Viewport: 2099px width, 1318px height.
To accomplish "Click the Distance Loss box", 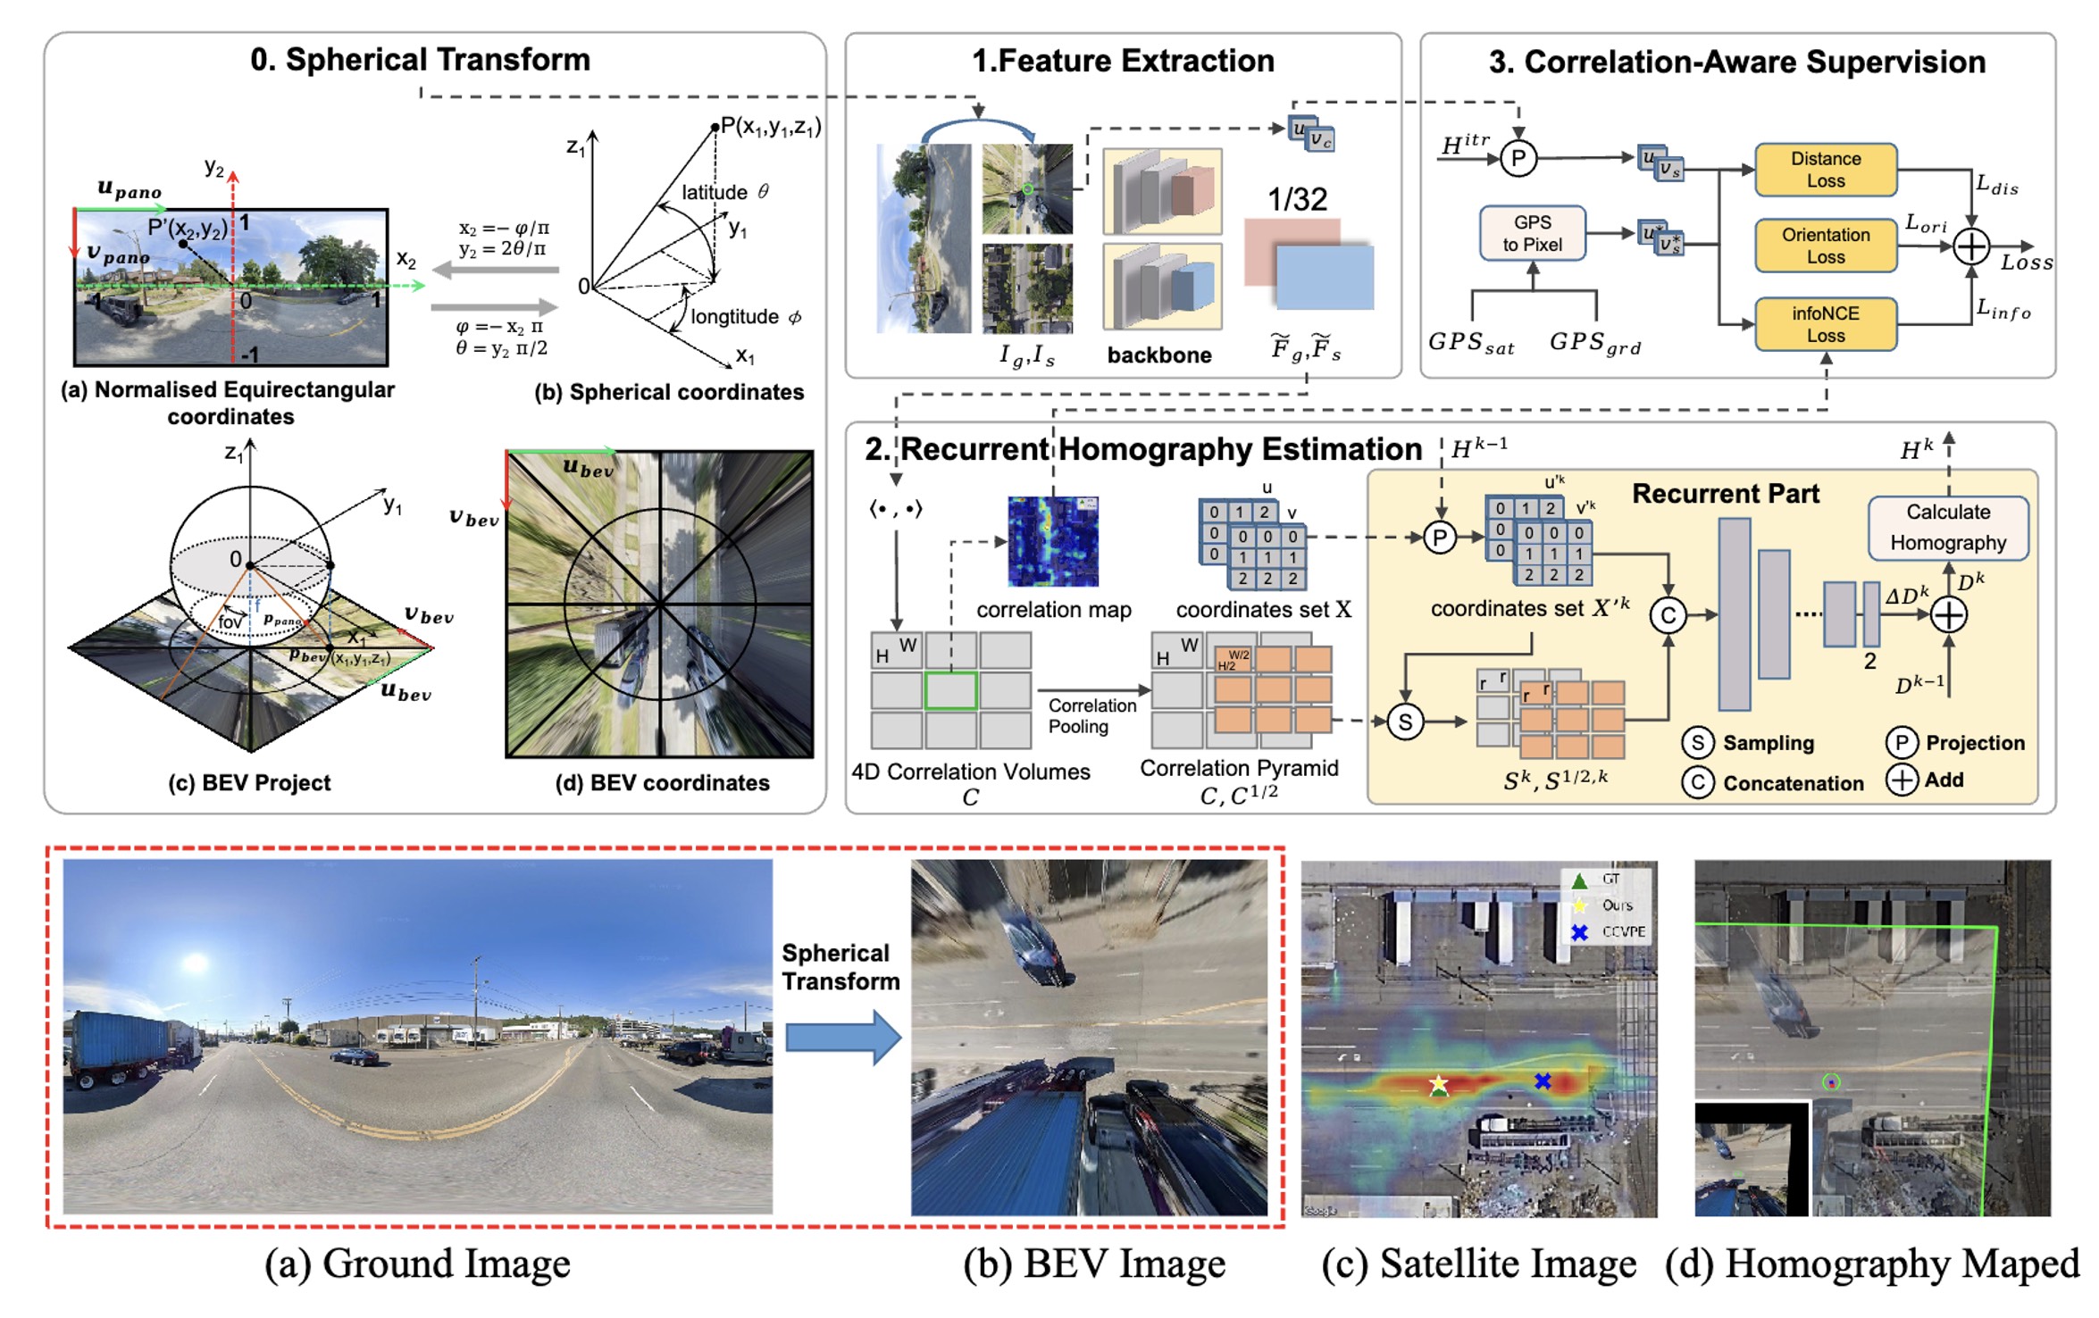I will [1825, 170].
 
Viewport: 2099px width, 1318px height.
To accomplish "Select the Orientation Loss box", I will [1825, 246].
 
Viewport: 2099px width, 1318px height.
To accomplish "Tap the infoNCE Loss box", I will [1825, 324].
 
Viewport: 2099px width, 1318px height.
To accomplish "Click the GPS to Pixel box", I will [1532, 233].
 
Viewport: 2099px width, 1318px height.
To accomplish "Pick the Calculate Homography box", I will [1947, 528].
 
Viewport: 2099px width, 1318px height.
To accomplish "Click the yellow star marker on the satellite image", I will [1438, 1084].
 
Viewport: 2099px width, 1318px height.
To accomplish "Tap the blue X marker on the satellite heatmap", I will [1543, 1081].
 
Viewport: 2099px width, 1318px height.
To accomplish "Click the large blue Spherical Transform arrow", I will [842, 1038].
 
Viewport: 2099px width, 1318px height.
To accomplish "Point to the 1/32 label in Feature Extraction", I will [1297, 199].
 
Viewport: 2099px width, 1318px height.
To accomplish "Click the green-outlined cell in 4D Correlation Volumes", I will [950, 691].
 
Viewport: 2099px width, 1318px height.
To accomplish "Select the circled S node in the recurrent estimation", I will [1405, 722].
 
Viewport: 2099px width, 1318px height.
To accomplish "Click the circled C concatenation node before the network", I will [1668, 615].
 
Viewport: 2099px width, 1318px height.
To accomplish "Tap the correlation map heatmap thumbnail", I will [1052, 541].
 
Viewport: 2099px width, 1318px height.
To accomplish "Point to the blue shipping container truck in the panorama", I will [121, 1047].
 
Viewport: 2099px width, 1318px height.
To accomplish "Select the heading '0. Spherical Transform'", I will [420, 60].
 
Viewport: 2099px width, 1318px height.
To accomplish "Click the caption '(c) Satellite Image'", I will [1478, 1264].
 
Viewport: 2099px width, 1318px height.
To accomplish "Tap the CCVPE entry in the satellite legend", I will [1622, 931].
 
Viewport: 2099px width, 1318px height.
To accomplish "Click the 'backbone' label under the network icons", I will [1158, 355].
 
